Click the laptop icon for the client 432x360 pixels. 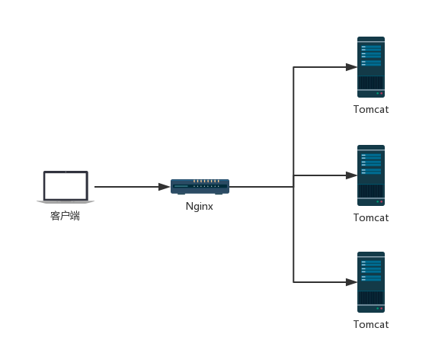coord(66,187)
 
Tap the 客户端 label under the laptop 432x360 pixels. coord(65,216)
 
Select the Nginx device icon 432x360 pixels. coord(200,187)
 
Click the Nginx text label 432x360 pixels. coord(199,207)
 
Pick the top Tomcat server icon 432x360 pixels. coord(371,67)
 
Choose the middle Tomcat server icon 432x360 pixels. coord(371,175)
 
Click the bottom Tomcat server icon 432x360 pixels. coord(371,282)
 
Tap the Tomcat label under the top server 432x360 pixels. coord(371,110)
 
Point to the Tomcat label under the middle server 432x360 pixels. coord(371,218)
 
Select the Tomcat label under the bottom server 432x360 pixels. coord(371,325)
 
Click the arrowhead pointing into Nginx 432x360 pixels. coord(165,187)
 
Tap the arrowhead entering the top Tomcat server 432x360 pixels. coord(351,67)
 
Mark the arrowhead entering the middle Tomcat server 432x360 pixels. coord(351,175)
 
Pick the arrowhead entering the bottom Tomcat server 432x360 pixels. coord(351,282)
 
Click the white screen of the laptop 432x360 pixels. coord(66,185)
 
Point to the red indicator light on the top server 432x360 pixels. coord(381,94)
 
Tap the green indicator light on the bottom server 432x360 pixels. coord(377,308)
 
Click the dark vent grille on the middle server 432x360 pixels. coord(371,191)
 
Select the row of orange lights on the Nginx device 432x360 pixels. coord(206,182)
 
